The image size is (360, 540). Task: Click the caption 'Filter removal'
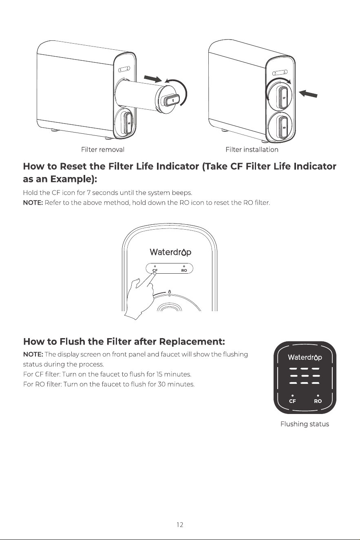click(103, 150)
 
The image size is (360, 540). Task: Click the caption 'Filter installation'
click(252, 150)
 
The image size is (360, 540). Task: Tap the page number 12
click(180, 525)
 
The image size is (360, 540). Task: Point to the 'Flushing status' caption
click(305, 424)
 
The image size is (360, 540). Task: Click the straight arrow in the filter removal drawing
click(153, 79)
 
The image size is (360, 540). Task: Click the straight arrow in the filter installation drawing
click(308, 93)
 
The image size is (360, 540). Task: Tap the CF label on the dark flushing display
click(292, 401)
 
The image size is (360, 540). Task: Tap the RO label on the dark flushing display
click(318, 401)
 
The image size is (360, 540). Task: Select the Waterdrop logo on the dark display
click(305, 357)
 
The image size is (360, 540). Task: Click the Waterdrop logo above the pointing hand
click(170, 252)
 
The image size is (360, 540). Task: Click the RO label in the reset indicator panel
click(184, 270)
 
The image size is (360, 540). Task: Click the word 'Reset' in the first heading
click(73, 166)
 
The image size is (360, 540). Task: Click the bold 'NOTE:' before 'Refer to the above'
click(33, 203)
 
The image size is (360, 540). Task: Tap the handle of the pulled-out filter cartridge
click(170, 100)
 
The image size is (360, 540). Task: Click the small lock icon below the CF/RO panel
click(169, 291)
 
